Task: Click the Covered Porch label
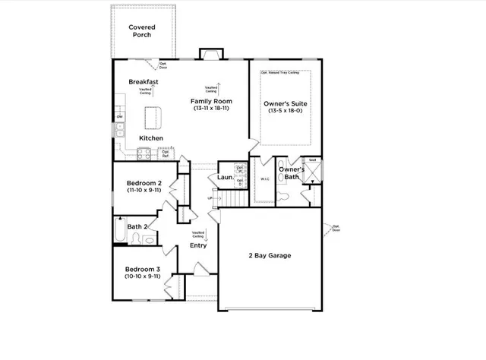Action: pyautogui.click(x=144, y=30)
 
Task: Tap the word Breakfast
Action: pyautogui.click(x=143, y=82)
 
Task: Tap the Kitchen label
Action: pyautogui.click(x=150, y=138)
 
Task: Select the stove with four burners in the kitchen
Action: pyautogui.click(x=144, y=154)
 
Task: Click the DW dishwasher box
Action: pyautogui.click(x=119, y=116)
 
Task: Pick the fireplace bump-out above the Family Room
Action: pyautogui.click(x=210, y=54)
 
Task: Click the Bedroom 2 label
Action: pyautogui.click(x=144, y=183)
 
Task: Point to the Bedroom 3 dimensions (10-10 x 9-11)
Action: pyautogui.click(x=143, y=277)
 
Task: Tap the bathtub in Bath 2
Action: pyautogui.click(x=120, y=230)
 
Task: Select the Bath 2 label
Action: pyautogui.click(x=137, y=226)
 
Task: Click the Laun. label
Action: pyautogui.click(x=225, y=178)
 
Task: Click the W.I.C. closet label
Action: pyautogui.click(x=265, y=180)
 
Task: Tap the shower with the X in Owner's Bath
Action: pyautogui.click(x=312, y=172)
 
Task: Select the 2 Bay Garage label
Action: pyautogui.click(x=270, y=255)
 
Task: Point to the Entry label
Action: pyautogui.click(x=197, y=245)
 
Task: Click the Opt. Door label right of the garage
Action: pyautogui.click(x=335, y=228)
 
